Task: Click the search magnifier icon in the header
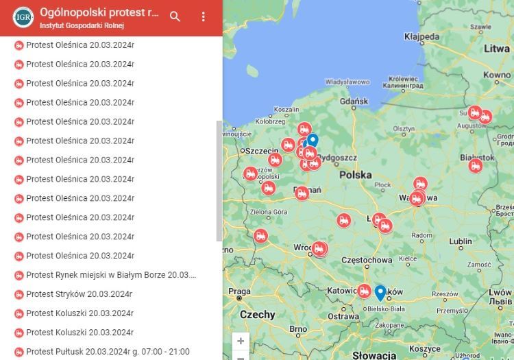[x=175, y=16]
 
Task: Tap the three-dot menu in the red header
[x=203, y=16]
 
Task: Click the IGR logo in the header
[x=23, y=16]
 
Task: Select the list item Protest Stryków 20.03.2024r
[x=79, y=294]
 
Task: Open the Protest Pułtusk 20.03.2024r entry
[x=108, y=352]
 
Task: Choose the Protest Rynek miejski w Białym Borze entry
[x=111, y=275]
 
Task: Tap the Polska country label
[x=355, y=175]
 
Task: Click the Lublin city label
[x=461, y=241]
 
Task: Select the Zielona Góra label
[x=269, y=212]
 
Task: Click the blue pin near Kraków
[x=380, y=292]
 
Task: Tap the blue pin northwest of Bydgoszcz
[x=313, y=140]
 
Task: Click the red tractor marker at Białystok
[x=476, y=165]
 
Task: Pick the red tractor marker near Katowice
[x=364, y=291]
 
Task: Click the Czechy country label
[x=258, y=315]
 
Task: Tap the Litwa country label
[x=496, y=49]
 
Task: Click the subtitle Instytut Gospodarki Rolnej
[x=82, y=25]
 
